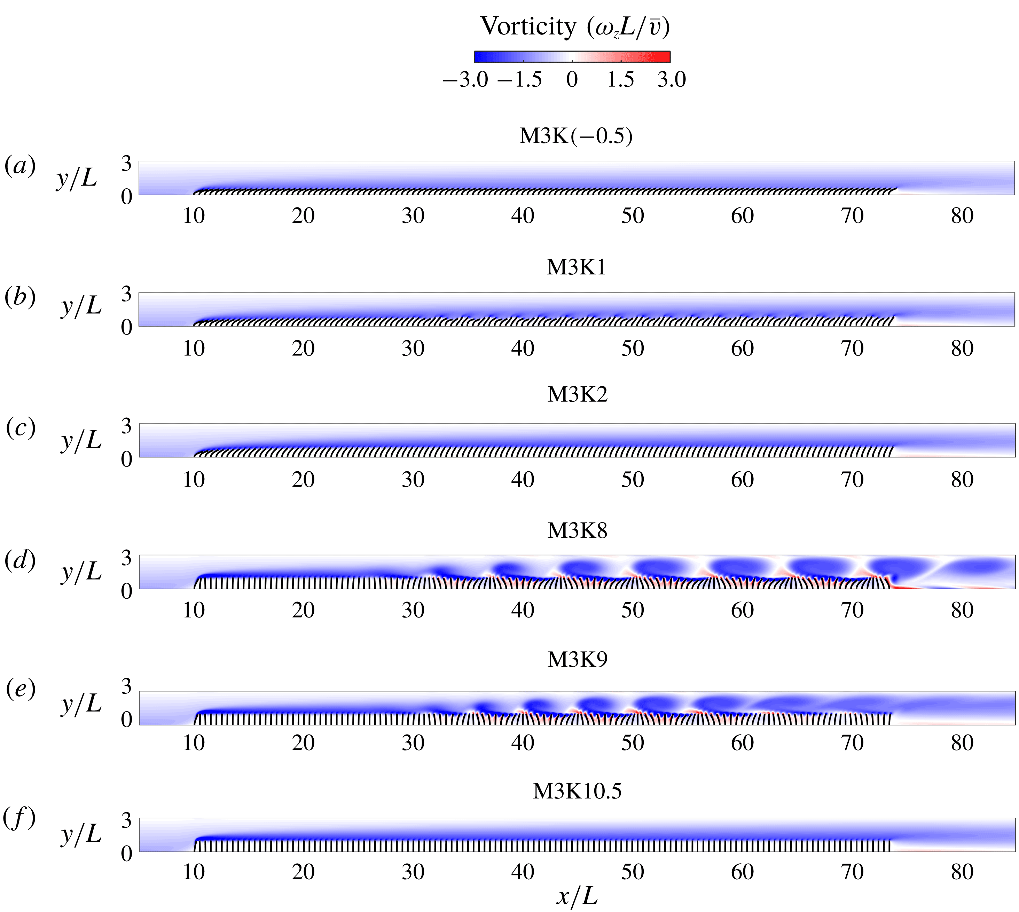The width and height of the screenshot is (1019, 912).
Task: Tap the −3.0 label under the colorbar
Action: click(x=465, y=80)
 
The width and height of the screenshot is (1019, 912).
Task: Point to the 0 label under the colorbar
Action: click(x=572, y=80)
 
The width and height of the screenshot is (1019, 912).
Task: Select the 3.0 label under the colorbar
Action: click(x=671, y=80)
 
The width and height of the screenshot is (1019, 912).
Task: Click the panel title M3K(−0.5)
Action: click(x=576, y=136)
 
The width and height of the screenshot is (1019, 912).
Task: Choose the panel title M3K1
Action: click(x=577, y=268)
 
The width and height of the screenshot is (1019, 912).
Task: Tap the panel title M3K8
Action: click(x=577, y=530)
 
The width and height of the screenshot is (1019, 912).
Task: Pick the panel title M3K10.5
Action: click(x=577, y=791)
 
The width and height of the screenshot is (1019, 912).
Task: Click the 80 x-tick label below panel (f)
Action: click(x=962, y=872)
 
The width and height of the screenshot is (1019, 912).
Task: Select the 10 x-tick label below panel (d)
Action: click(x=194, y=610)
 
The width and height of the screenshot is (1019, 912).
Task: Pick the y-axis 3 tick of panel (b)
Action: click(x=126, y=294)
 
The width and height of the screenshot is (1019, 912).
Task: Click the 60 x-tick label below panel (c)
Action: click(x=742, y=480)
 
